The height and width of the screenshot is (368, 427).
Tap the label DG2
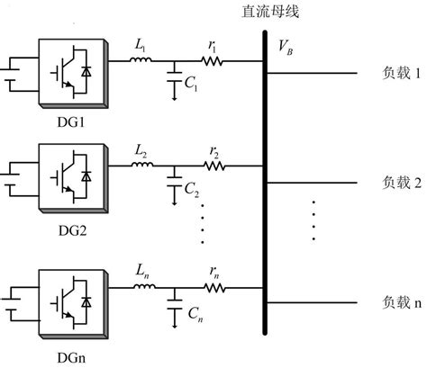point(69,232)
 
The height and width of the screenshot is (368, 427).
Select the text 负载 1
point(389,71)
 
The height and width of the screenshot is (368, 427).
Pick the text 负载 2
point(389,184)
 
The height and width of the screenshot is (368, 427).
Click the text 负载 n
point(389,302)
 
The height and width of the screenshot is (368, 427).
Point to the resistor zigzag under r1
point(213,62)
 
